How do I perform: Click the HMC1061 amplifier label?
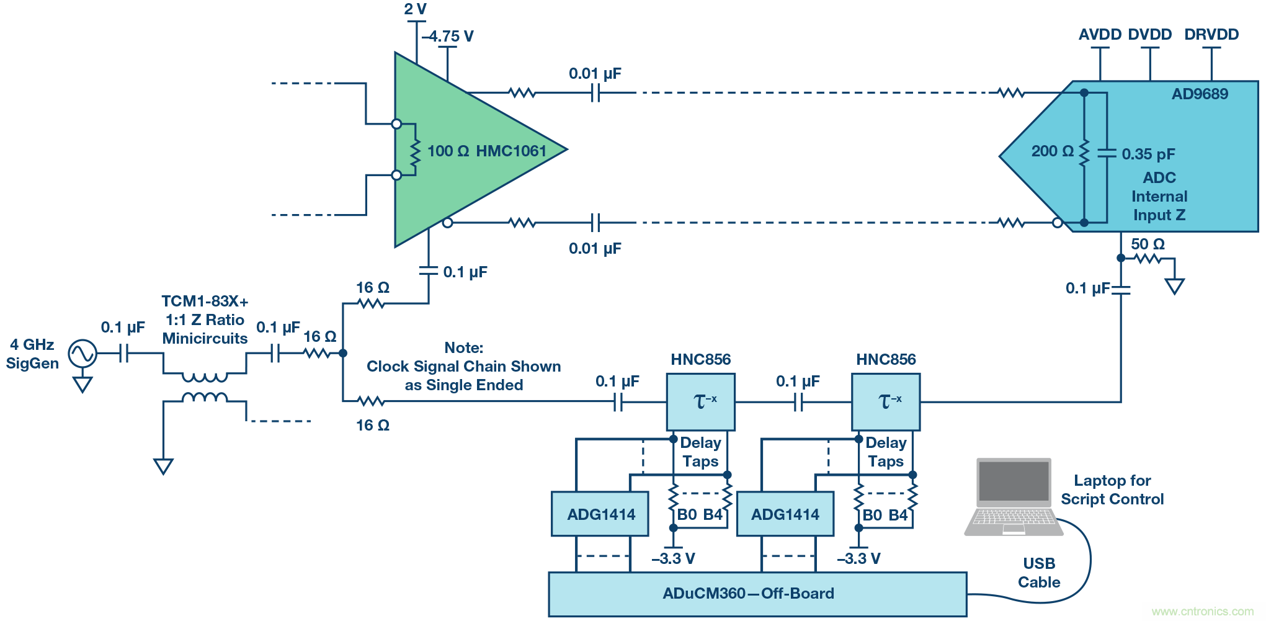511,151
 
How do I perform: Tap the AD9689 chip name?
1199,94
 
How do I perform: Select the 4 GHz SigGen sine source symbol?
82,354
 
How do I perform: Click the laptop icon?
1014,496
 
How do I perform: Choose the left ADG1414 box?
600,514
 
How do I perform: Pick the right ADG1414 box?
785,514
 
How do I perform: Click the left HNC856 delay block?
700,402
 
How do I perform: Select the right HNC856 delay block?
885,402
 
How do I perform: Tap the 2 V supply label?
415,9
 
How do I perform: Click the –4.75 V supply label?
448,37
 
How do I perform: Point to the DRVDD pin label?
1211,35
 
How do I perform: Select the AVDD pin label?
1099,35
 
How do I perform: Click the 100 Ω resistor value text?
448,151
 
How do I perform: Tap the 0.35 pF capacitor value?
1148,154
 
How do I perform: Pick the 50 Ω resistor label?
1148,244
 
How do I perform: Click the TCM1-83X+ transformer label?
205,302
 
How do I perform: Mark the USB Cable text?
1039,573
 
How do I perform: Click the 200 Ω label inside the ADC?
1052,151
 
